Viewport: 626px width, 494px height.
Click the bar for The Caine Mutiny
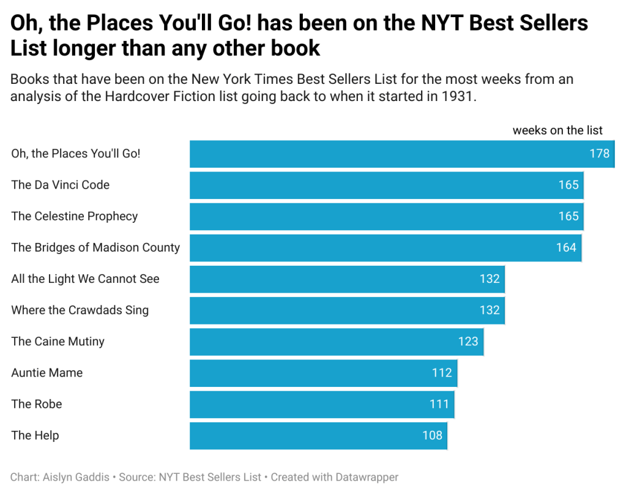tap(337, 342)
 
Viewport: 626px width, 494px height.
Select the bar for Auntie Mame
tap(323, 373)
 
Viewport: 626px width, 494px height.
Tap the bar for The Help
tap(318, 436)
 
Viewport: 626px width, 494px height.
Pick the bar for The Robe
tap(322, 404)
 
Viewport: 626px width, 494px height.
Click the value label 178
tap(600, 154)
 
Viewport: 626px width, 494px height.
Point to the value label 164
tap(566, 247)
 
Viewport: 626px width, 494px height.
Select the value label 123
tap(468, 342)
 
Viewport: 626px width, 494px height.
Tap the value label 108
tap(432, 436)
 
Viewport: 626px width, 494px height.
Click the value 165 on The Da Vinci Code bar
tap(568, 185)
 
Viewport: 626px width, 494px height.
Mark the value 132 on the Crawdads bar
tap(490, 310)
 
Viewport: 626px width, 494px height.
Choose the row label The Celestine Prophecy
tap(75, 216)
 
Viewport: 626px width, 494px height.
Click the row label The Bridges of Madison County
tap(95, 247)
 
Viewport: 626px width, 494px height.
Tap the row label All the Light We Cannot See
tap(85, 279)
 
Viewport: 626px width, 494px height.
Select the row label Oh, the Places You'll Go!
tap(76, 154)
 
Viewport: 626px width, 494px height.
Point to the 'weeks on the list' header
tap(557, 130)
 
